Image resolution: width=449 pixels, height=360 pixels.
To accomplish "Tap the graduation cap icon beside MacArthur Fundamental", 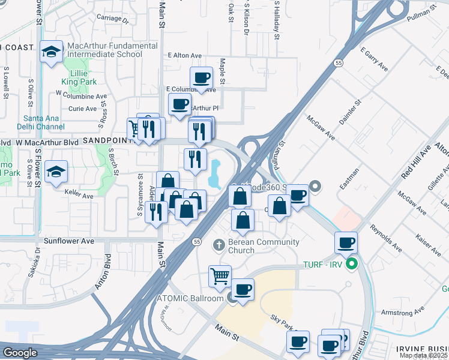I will point(52,52).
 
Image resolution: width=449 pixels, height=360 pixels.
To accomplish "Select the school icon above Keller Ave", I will point(56,172).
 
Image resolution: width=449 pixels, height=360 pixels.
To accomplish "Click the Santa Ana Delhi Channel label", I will point(43,122).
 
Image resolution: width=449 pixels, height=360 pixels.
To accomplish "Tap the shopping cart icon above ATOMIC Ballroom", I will point(220,276).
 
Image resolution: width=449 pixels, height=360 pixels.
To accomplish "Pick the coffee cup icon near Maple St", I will point(202,77).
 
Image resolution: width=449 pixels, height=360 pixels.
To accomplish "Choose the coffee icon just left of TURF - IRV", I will point(346,242).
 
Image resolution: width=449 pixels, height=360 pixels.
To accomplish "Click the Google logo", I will point(20,353).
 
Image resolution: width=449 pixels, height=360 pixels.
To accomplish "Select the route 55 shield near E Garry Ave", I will point(339,62).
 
